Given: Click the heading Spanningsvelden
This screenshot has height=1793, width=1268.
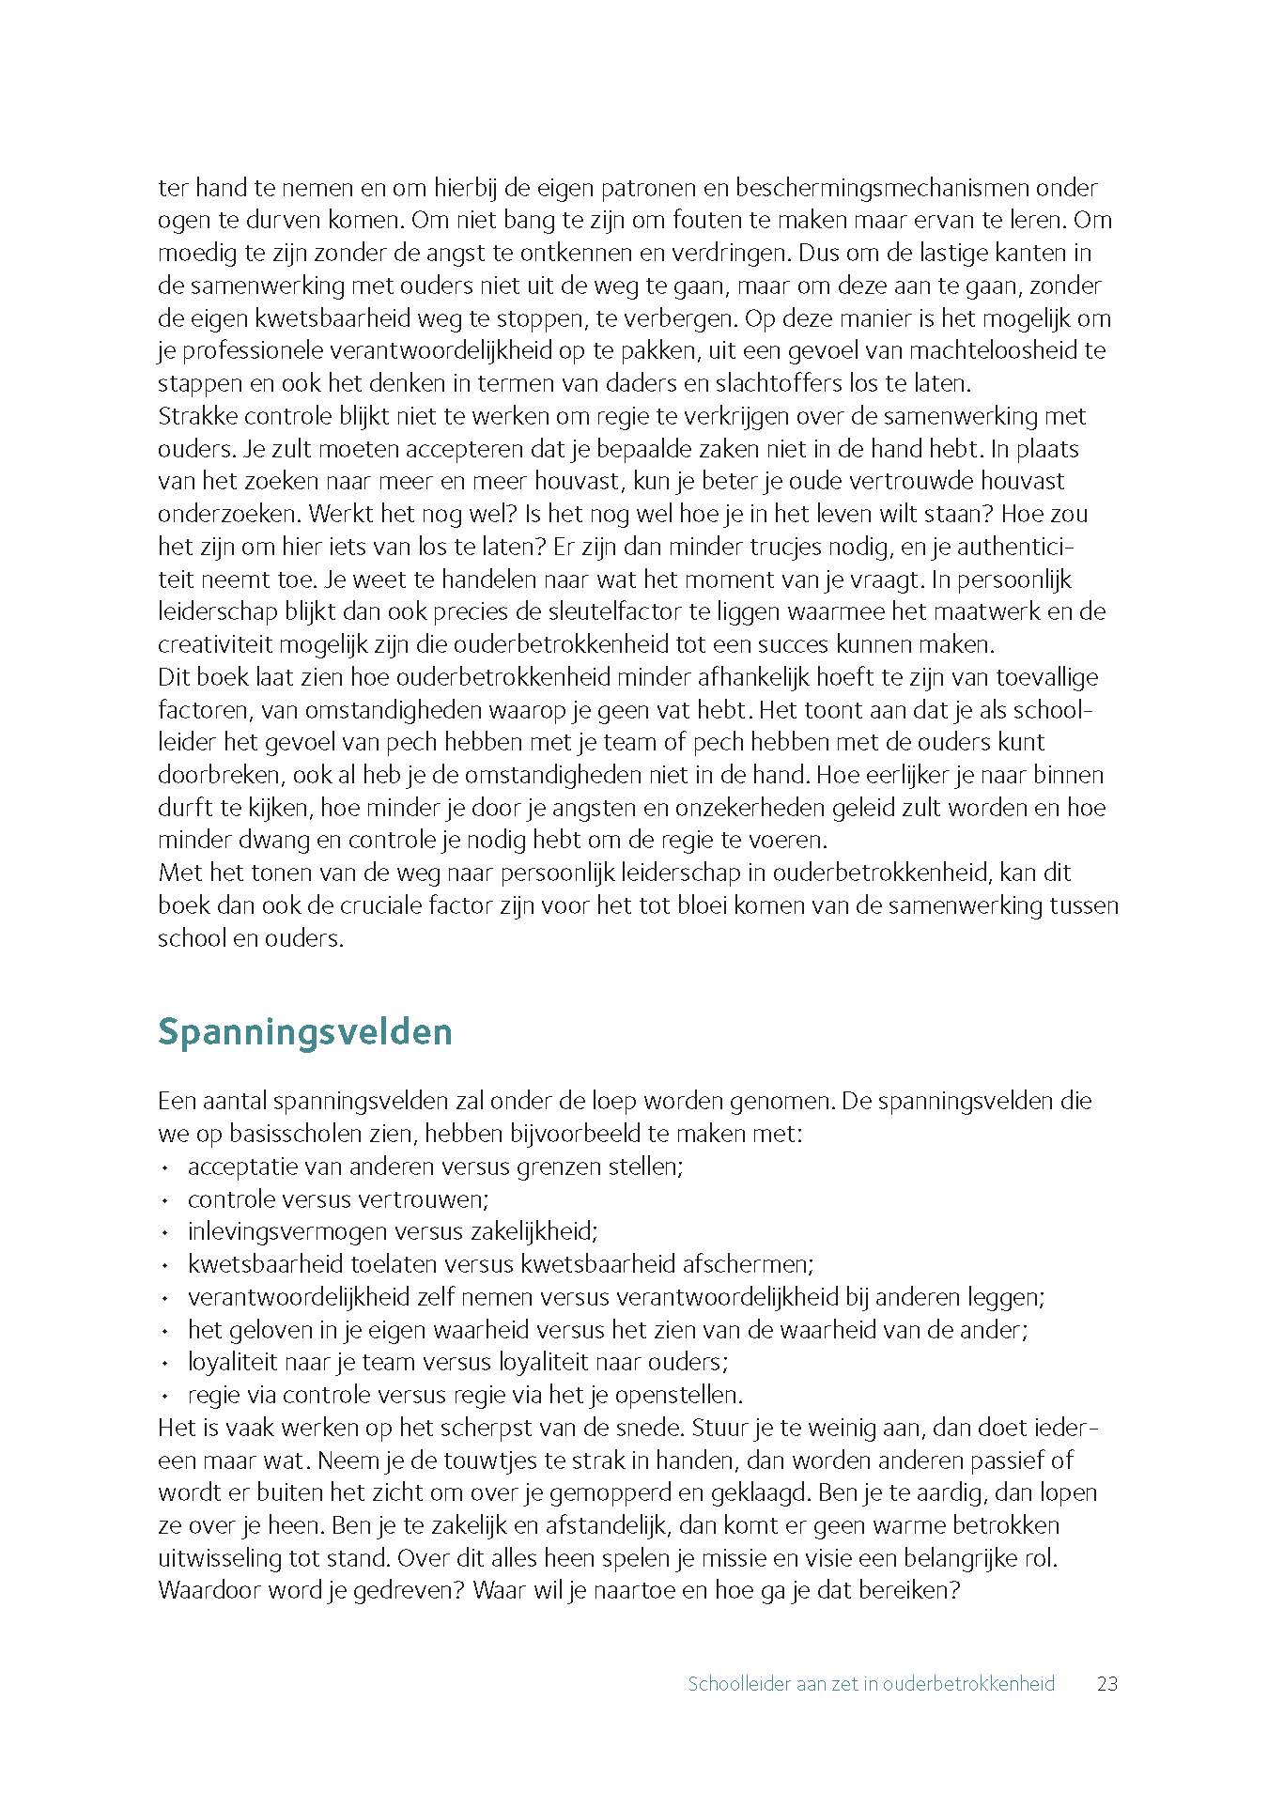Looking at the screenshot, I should (x=305, y=1031).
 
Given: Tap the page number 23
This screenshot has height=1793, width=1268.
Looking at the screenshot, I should (x=1107, y=1684).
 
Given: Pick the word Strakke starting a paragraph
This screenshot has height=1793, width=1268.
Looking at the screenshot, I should (x=198, y=415).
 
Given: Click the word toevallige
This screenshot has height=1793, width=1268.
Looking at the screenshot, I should (x=1047, y=676).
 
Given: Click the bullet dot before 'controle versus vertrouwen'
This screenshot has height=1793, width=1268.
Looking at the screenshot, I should (x=165, y=1200).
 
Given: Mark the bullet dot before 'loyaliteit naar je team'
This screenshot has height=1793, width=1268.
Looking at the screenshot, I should (x=165, y=1363).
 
